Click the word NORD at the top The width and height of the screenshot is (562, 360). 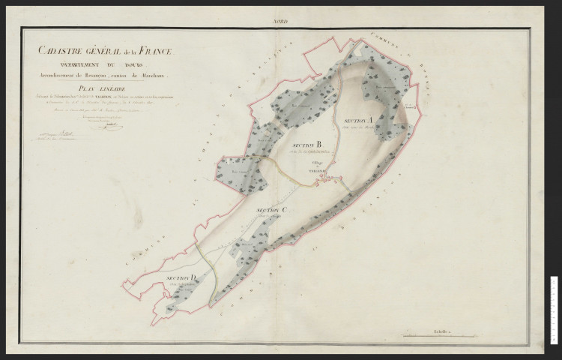click(281, 22)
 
